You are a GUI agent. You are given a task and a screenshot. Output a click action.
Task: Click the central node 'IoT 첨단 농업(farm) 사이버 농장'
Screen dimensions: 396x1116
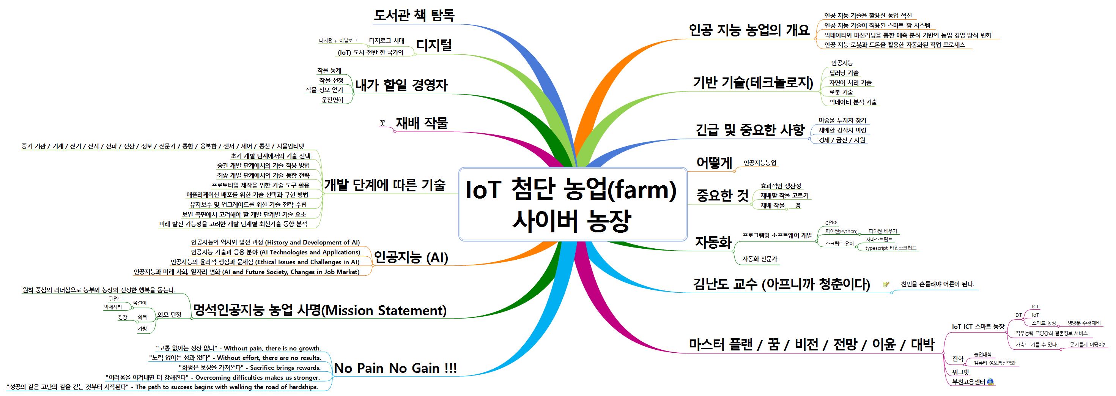click(572, 204)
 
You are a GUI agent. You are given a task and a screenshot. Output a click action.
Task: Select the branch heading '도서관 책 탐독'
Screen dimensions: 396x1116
click(414, 16)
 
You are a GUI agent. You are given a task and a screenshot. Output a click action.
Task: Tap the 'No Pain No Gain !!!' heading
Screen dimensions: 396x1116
click(395, 368)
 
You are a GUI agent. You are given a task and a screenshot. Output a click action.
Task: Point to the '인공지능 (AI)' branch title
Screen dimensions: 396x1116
click(411, 258)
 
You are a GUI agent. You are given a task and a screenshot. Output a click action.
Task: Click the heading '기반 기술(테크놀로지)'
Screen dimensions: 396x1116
click(753, 83)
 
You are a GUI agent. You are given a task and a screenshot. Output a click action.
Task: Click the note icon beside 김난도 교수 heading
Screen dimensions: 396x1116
click(886, 285)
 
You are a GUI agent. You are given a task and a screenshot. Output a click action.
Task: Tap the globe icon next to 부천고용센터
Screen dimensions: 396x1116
click(990, 382)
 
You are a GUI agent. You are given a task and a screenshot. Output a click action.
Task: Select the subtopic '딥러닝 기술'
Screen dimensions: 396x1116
click(844, 73)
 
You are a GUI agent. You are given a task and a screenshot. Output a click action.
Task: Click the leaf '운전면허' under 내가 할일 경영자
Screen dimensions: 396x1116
click(332, 99)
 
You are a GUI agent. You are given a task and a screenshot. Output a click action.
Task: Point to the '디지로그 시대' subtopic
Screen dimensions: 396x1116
click(386, 41)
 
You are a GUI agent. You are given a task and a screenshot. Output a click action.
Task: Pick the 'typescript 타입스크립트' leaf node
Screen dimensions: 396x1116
click(891, 248)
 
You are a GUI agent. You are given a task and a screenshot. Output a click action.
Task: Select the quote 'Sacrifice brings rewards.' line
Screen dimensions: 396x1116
click(249, 368)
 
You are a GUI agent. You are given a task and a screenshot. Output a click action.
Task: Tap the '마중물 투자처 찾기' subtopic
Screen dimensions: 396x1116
click(842, 120)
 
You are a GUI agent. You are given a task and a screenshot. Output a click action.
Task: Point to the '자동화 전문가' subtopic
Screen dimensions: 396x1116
click(759, 259)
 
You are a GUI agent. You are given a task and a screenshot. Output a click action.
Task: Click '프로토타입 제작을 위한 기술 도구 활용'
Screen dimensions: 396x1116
click(260, 185)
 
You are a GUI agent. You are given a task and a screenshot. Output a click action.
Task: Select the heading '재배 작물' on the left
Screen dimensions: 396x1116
click(422, 123)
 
